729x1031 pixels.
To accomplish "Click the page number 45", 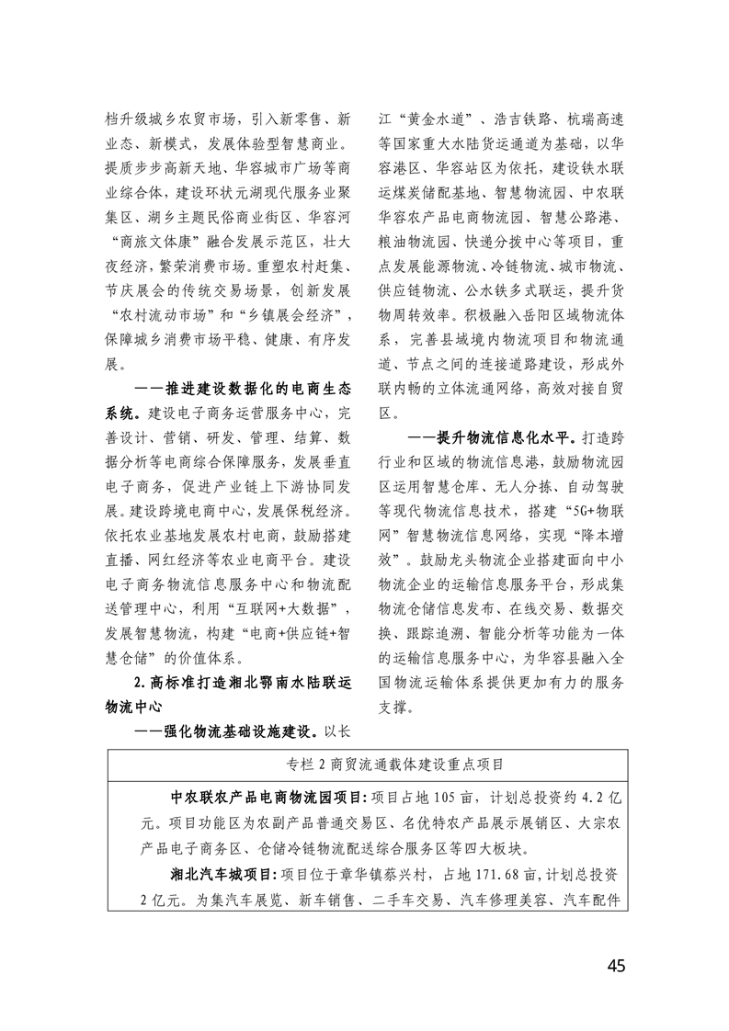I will point(616,966).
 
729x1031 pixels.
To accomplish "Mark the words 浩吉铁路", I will point(522,119).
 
